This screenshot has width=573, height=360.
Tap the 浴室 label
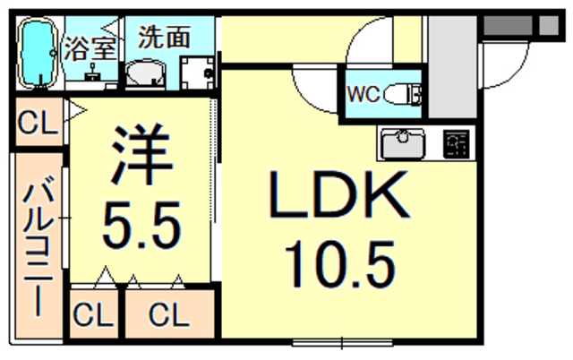[x=90, y=49]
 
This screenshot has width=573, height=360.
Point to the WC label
[x=363, y=93]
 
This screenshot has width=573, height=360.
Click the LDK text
[x=338, y=196]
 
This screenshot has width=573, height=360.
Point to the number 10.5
[x=339, y=264]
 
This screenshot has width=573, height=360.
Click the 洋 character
[x=141, y=153]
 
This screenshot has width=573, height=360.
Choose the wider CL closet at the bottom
[x=168, y=314]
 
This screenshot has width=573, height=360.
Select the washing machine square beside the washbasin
[x=198, y=72]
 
